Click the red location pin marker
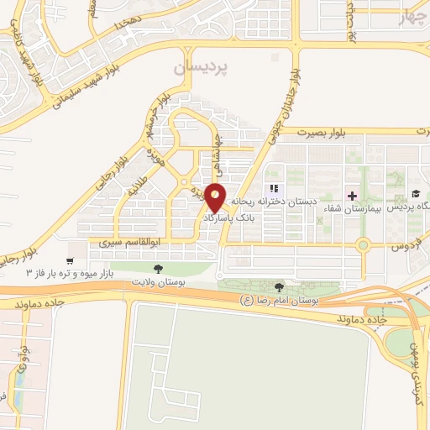[x=216, y=197]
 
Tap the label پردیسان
[x=199, y=67]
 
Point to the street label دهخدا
[x=139, y=24]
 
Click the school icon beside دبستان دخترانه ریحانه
[x=273, y=188]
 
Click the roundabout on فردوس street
[x=363, y=245]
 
